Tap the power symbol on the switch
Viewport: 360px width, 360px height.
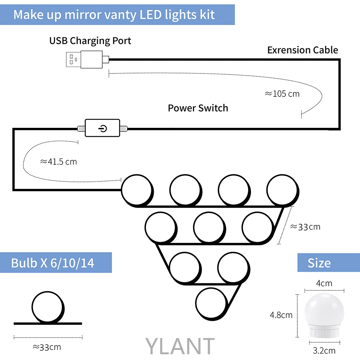103,128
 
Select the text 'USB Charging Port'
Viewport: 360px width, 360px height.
90,40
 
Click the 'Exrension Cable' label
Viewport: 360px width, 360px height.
302,50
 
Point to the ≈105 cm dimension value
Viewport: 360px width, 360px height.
282,94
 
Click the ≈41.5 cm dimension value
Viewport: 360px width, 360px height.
58,162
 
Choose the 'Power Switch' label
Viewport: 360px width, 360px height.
198,108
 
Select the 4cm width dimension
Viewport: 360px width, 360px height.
324,283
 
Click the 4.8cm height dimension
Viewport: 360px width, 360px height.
281,315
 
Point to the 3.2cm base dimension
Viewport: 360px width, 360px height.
324,350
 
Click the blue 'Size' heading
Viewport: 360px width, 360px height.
319,263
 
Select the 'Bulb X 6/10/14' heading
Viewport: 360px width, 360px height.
53,263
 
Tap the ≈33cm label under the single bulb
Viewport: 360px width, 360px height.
47,347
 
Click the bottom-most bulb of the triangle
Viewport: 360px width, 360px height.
211,302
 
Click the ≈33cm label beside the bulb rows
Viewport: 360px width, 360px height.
305,227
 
